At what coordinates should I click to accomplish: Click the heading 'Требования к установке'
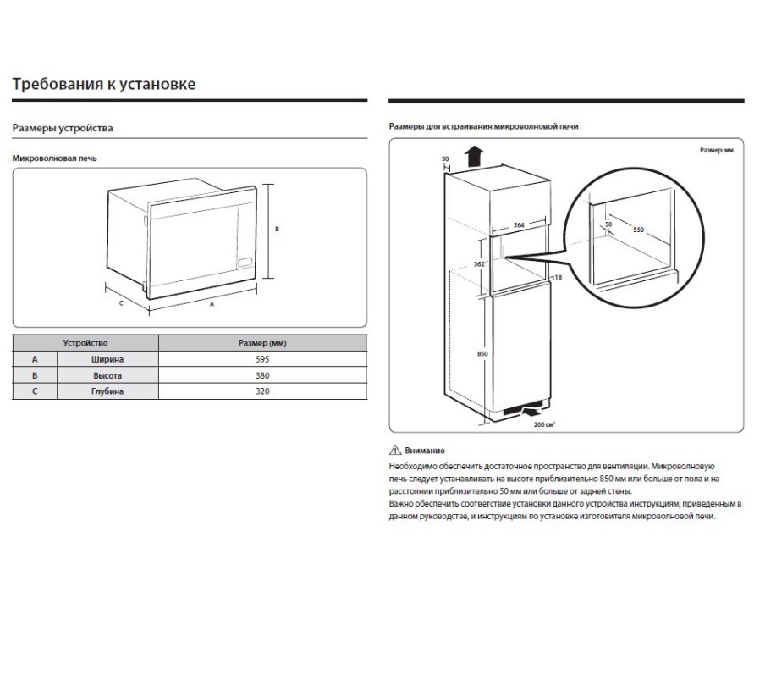tap(104, 84)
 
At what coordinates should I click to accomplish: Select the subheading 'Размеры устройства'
tap(63, 128)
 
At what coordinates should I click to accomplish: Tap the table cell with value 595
tap(262, 359)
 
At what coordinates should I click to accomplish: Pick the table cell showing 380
tap(262, 375)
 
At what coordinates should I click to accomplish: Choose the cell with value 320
tap(262, 391)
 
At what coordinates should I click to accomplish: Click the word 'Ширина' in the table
tap(107, 359)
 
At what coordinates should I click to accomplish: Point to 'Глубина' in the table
tap(107, 391)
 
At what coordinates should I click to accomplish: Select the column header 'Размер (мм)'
tap(262, 343)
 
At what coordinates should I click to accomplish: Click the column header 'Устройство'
tap(85, 343)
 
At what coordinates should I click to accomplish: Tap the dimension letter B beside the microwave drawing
tap(277, 229)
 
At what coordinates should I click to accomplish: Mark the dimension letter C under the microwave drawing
tap(121, 302)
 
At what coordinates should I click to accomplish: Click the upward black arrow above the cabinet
tap(475, 156)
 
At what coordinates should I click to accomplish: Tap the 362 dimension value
tap(479, 264)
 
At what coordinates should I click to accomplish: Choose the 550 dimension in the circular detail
tap(638, 230)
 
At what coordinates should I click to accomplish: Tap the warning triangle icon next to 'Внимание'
tap(394, 451)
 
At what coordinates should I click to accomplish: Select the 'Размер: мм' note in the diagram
tap(715, 149)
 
